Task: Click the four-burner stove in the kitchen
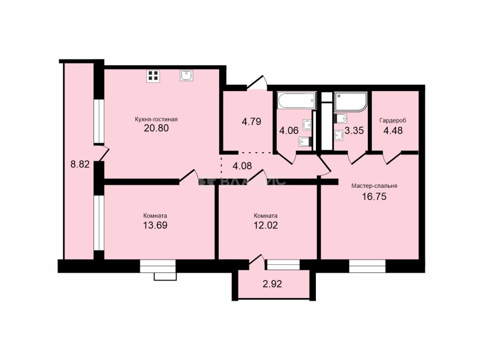click(153, 76)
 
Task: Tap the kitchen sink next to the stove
click(186, 75)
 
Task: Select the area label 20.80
click(156, 128)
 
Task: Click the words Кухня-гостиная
click(156, 119)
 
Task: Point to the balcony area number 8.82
click(80, 164)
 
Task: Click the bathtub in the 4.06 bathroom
click(297, 100)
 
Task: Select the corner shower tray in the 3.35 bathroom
click(351, 102)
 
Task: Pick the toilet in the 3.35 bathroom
click(340, 119)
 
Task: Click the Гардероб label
click(393, 121)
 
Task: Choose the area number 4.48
click(393, 131)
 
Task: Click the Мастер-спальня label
click(374, 186)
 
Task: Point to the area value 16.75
click(374, 197)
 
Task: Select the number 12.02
click(266, 225)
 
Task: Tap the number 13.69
click(155, 225)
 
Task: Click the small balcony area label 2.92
click(272, 284)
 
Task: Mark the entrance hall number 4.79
click(251, 122)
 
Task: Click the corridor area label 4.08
click(242, 166)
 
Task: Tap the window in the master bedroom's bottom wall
click(367, 266)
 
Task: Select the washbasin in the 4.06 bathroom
click(307, 125)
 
